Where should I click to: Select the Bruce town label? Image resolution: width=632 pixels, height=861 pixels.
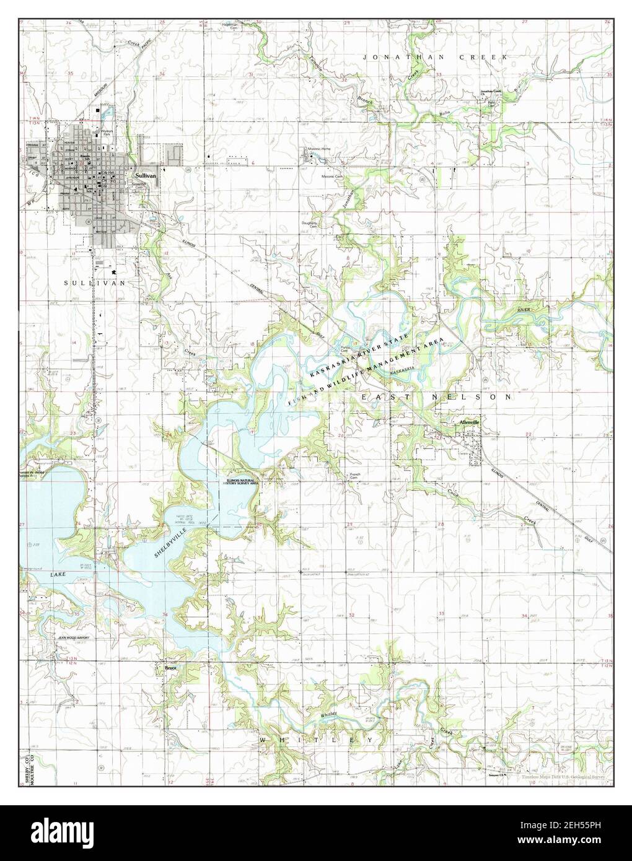171,668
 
